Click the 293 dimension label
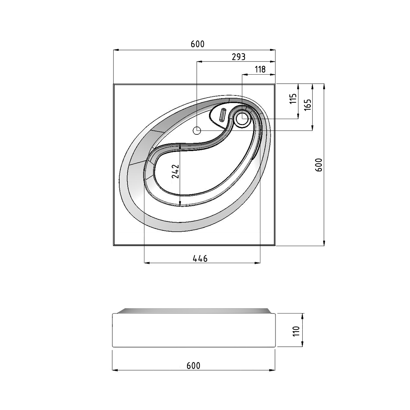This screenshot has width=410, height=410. [x=239, y=57]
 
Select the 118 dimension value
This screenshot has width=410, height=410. [x=260, y=69]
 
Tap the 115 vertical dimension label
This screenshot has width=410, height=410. [x=293, y=99]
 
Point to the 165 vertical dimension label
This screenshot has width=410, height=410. [x=308, y=104]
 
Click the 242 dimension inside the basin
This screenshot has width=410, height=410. [x=175, y=171]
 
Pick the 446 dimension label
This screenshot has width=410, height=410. [x=200, y=259]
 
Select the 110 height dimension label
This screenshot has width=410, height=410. [x=296, y=331]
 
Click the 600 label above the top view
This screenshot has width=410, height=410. [x=198, y=44]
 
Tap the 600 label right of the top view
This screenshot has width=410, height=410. [x=319, y=165]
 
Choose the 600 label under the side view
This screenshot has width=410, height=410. [x=193, y=365]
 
